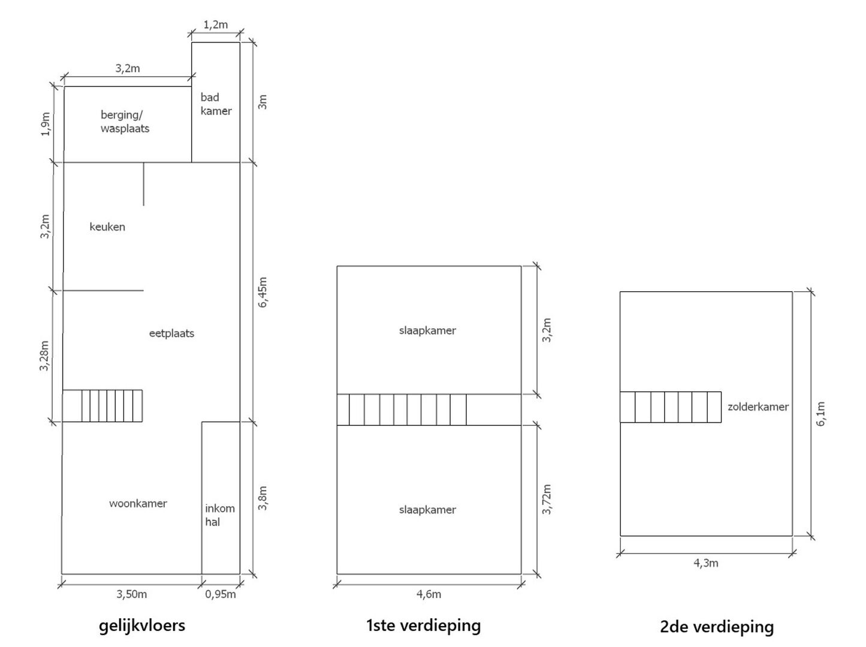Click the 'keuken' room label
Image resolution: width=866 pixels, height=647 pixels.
point(107,227)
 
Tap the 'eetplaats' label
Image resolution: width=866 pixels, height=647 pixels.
point(171,334)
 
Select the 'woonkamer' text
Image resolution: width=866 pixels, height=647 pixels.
point(138,504)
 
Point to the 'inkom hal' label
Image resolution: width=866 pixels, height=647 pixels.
point(219,515)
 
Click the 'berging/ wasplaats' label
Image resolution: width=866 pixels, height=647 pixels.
point(125,122)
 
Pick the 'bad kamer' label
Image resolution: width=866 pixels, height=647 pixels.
point(216,104)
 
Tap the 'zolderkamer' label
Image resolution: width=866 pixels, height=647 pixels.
point(758,407)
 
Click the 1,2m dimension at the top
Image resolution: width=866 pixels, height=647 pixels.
point(216,25)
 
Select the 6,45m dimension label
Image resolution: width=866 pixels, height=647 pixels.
point(262,292)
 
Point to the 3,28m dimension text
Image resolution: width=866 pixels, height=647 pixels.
point(44,356)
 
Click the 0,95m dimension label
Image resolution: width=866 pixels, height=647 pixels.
point(221,594)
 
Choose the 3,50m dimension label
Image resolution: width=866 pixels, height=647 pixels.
point(131,594)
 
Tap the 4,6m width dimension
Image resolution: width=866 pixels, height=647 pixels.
point(429,594)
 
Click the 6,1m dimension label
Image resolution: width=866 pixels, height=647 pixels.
point(820,414)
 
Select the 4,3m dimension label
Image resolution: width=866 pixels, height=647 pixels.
point(705,563)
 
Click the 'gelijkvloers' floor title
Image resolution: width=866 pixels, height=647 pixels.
point(142,626)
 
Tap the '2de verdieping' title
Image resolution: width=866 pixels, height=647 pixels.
point(717,627)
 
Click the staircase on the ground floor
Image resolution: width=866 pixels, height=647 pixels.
point(102,406)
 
